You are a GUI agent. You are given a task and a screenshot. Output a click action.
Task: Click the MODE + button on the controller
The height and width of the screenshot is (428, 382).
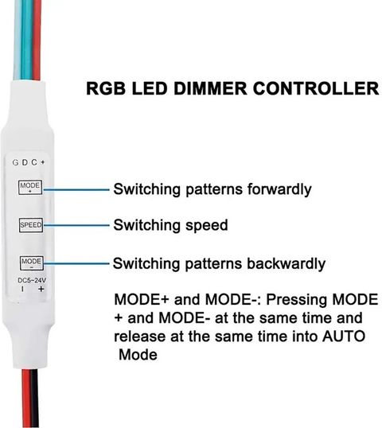[30, 187]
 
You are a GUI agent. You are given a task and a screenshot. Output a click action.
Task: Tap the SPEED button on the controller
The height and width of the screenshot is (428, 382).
[31, 225]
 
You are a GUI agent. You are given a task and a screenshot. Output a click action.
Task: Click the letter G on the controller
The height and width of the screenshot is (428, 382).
[16, 162]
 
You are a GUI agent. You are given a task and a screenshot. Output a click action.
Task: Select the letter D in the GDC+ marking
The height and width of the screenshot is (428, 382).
[25, 162]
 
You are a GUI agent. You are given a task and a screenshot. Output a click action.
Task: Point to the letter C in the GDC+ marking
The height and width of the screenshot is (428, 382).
[34, 162]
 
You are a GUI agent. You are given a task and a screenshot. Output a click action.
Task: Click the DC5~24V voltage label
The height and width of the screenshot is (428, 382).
[32, 280]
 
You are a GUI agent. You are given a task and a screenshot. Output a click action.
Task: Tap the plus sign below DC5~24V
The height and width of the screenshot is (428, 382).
[41, 289]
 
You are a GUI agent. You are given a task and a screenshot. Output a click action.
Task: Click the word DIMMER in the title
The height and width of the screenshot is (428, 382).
[210, 88]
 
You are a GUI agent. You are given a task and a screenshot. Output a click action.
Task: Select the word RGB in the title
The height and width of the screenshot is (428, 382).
[106, 88]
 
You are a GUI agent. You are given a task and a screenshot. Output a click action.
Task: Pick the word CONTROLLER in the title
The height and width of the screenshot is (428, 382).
[316, 88]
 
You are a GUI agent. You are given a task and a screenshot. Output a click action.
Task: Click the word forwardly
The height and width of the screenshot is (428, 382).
[279, 189]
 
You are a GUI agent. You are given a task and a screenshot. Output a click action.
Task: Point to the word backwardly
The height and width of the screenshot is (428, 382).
[286, 263]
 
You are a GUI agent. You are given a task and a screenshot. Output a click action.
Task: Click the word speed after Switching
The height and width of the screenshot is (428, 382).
[207, 226]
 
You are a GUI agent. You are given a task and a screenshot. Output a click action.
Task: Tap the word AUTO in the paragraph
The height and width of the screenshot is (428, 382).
[344, 337]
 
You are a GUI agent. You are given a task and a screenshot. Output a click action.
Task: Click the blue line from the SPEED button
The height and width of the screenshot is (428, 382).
[76, 225]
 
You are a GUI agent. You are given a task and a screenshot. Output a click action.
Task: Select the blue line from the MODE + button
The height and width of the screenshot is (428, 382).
[76, 189]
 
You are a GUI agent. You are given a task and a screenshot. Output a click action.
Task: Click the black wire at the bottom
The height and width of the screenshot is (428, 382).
[34, 398]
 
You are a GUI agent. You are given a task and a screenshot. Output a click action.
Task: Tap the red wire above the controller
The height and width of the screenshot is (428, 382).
[37, 40]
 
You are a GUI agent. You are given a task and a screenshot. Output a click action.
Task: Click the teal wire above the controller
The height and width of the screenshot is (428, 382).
[26, 40]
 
